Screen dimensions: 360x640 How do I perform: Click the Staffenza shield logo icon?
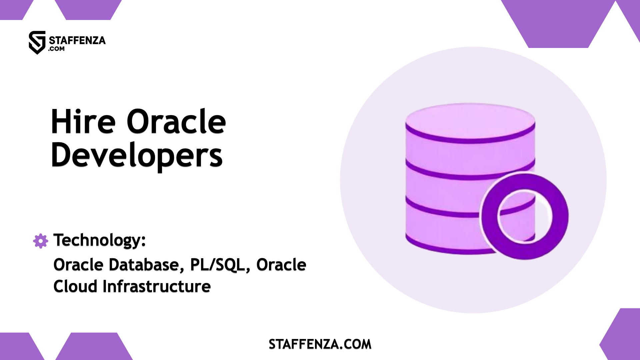pos(37,42)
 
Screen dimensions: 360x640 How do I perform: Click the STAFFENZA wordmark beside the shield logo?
pos(77,40)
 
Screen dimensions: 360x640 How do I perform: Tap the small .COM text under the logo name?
pos(56,49)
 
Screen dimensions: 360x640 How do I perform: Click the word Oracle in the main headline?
pos(176,122)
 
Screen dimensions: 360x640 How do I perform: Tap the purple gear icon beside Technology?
pos(41,241)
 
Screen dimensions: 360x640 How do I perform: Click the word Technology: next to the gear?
pos(100,240)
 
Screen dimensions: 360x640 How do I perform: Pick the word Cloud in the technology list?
pos(75,287)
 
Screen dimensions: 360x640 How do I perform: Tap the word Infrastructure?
pos(157,287)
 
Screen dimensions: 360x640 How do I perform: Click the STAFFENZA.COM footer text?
pos(320,344)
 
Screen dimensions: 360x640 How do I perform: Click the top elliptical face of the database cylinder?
pos(470,120)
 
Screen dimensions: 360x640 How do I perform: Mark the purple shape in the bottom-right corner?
pos(623,337)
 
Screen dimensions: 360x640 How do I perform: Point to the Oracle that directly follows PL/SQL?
pos(281,265)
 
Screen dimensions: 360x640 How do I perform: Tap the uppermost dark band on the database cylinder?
pos(470,139)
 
